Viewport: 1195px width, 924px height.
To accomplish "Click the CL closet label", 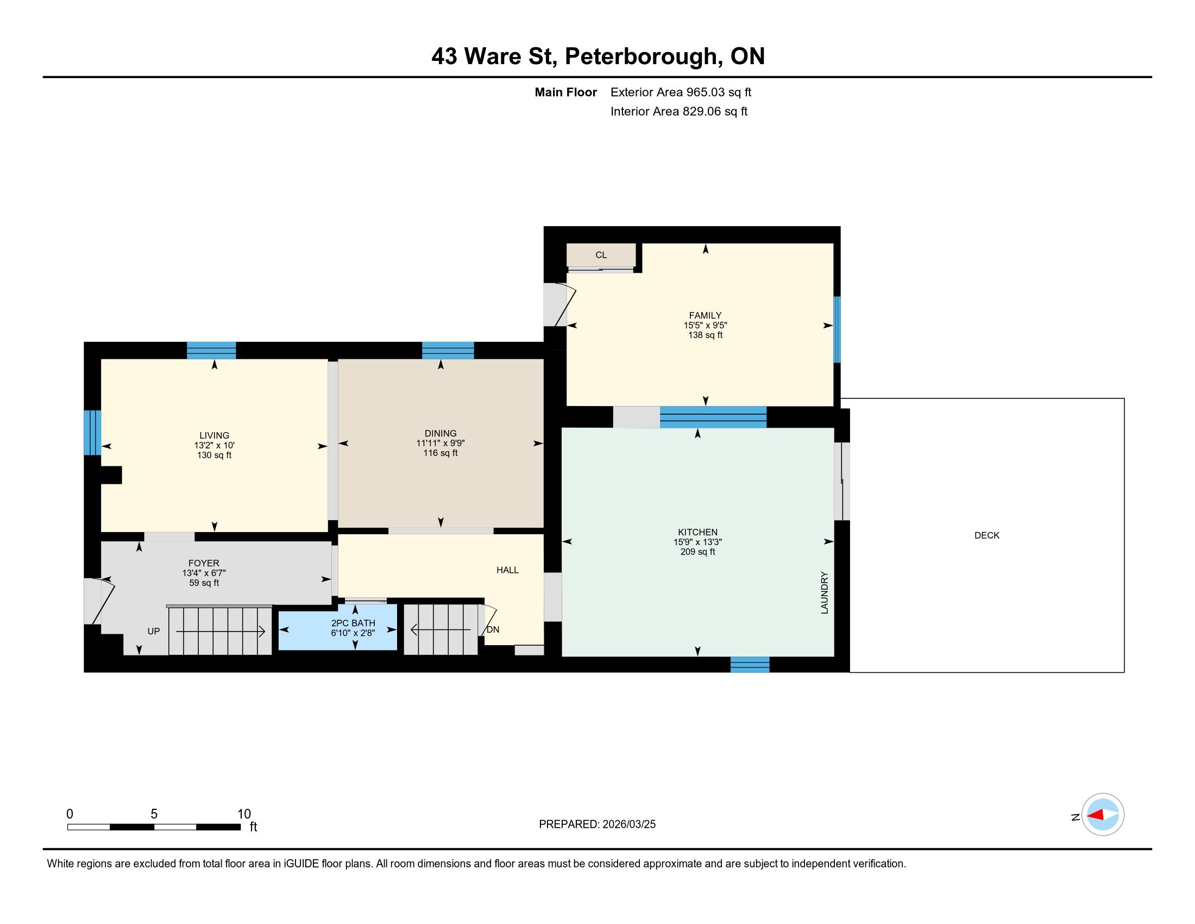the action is tap(601, 255).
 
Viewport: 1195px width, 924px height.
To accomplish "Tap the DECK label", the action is tap(986, 535).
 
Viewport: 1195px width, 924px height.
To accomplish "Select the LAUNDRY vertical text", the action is tap(825, 593).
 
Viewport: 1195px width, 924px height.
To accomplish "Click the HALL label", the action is tap(507, 570).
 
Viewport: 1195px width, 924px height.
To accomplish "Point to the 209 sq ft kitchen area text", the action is tap(697, 552).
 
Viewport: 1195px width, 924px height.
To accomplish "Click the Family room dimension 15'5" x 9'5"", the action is tap(705, 325).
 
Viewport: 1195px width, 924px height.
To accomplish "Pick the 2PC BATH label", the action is tap(353, 623).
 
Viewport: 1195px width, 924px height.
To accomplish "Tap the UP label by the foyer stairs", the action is tap(154, 631).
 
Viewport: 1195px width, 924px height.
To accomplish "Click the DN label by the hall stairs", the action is tap(493, 629).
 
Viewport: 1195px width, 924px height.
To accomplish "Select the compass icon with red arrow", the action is tap(1103, 815).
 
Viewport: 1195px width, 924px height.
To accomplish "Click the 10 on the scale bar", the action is tap(244, 814).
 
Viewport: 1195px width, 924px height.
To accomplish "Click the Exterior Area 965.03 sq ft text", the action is tap(681, 92).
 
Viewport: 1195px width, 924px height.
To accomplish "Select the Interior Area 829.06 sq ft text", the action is tap(679, 111).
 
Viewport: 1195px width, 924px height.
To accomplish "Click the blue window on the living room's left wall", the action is tap(92, 433).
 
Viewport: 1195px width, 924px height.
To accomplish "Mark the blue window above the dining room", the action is tap(448, 351).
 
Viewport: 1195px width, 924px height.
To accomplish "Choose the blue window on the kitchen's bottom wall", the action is tap(750, 665).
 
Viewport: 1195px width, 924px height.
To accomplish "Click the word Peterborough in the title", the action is tap(641, 57).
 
